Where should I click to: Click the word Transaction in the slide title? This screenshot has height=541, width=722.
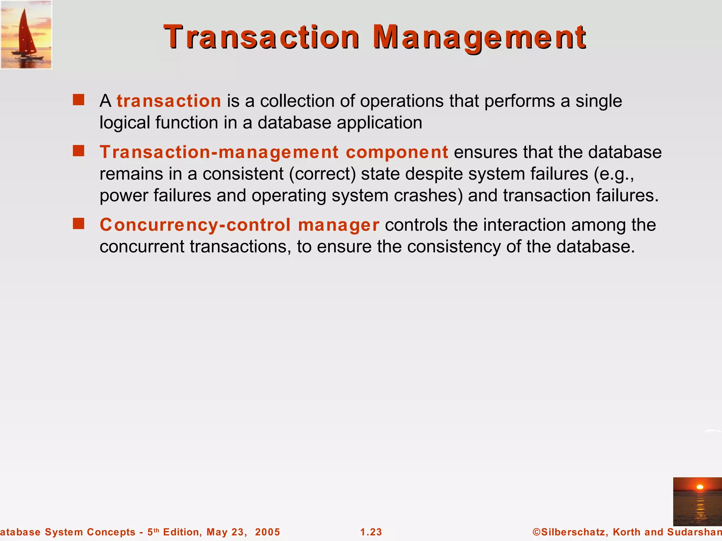point(262,37)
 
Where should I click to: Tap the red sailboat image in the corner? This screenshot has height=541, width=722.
point(26,35)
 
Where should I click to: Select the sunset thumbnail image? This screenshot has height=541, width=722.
point(697,502)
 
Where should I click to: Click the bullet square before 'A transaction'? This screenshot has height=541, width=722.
point(79,100)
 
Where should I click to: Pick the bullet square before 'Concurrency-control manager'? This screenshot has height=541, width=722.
point(79,224)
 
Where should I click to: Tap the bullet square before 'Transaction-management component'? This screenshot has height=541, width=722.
point(79,151)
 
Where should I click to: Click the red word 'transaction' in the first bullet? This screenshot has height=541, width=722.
point(169,101)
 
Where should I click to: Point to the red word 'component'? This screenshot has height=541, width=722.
point(397,153)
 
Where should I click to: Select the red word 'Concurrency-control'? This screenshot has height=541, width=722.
point(195,225)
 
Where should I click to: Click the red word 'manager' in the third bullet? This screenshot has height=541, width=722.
point(338,225)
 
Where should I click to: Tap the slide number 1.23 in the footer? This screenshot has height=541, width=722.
point(371,532)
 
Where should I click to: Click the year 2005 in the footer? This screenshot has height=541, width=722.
point(268,532)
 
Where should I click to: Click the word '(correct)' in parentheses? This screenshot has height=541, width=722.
point(322,174)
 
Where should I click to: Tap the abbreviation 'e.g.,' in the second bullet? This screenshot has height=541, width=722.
point(614,174)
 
